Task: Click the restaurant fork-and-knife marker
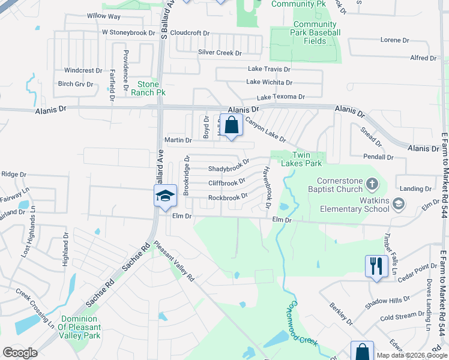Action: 376,266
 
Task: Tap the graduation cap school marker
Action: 165,196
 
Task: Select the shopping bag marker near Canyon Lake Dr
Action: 231,125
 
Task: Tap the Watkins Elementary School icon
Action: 398,205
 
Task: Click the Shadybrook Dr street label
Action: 228,169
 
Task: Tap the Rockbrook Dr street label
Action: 228,197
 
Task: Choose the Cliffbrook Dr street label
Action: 227,182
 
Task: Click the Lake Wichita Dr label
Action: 269,82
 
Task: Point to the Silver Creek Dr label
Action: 220,53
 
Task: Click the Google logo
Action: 20,353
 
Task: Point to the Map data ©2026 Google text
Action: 411,355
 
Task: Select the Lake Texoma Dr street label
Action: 281,97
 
